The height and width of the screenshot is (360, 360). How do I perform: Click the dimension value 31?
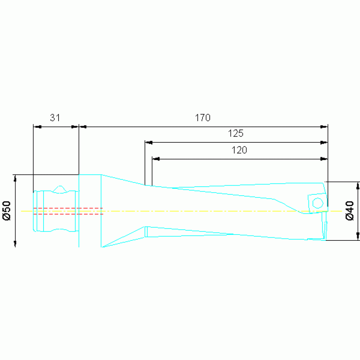pos(55,118)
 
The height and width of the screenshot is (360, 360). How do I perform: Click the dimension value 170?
pos(203,118)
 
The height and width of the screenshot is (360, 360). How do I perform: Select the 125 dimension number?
pos(236,133)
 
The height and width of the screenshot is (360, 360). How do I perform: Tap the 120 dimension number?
pos(239,150)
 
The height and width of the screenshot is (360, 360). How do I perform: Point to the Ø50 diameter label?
pos(7,211)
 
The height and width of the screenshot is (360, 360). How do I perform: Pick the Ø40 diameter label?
pos(350,211)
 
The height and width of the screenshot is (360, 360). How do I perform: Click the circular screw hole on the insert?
pos(318,203)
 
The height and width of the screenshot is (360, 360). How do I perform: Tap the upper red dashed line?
pos(68,208)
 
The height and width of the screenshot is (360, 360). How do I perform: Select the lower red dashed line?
pos(68,214)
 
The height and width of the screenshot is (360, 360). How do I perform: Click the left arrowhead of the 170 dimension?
pos(83,127)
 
